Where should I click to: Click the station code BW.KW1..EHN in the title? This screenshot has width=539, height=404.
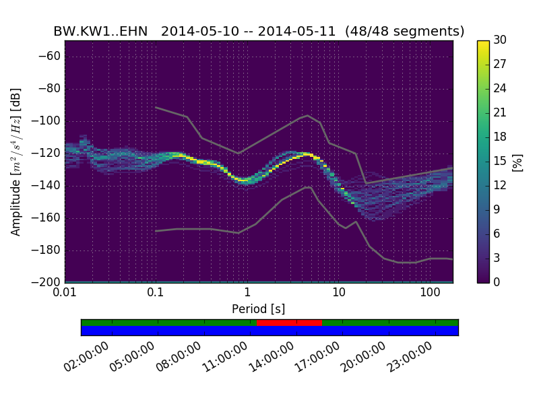100,32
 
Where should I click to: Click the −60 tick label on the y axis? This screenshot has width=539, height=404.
51,56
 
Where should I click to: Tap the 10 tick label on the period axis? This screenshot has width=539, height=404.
338,293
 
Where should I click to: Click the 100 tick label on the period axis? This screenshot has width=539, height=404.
430,293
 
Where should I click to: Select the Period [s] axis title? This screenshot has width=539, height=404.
258,309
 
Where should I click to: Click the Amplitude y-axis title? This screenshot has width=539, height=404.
16,162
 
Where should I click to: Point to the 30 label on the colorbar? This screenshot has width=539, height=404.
500,40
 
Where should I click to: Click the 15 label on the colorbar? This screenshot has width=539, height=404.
500,161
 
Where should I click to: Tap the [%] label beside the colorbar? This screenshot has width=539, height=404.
518,162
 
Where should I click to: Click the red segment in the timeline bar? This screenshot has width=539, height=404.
289,323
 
